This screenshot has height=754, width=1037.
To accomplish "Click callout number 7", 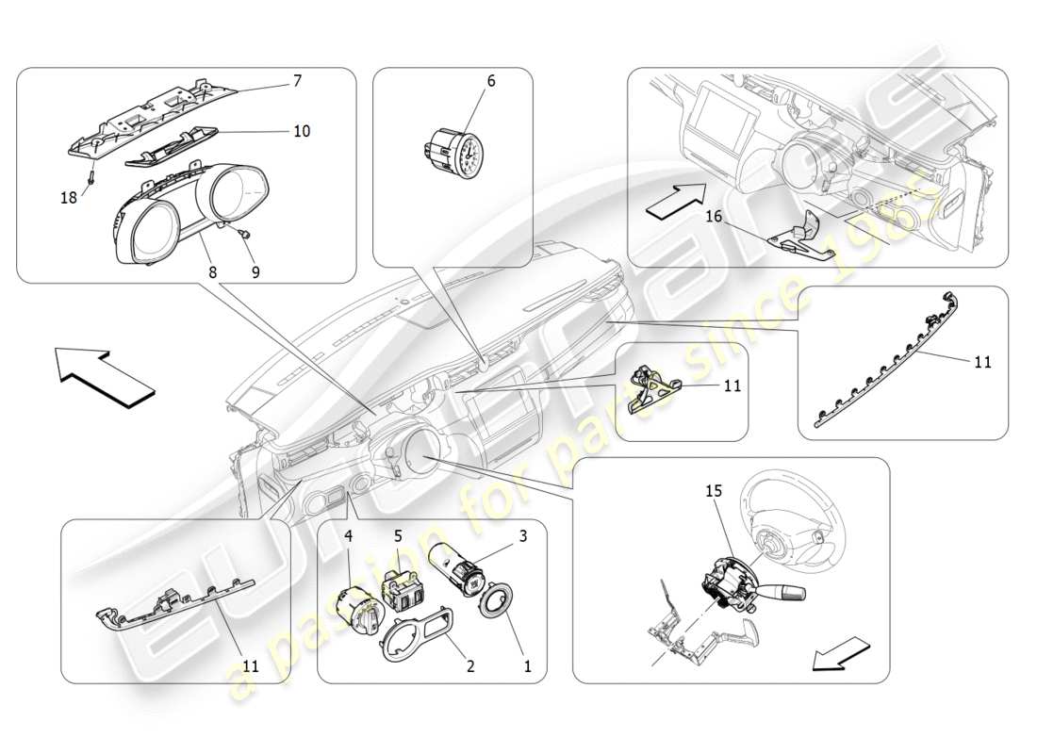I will coord(297,81).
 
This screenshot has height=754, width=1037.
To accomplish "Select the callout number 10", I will coord(301,131).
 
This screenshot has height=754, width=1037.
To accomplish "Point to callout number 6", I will coord(490,82).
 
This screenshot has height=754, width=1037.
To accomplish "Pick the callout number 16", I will coord(714,217).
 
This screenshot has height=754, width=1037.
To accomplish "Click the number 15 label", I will coord(714,491).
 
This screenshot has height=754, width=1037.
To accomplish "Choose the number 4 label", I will coord(348,536).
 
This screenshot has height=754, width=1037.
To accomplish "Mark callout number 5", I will coord(399,534).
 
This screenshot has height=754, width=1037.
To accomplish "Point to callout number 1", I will coord(527,666).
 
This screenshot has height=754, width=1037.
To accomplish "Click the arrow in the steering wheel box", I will coord(840,652).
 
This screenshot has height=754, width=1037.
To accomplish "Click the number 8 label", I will coord(213,272).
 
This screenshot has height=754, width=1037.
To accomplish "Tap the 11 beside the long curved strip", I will coord(982,361).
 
